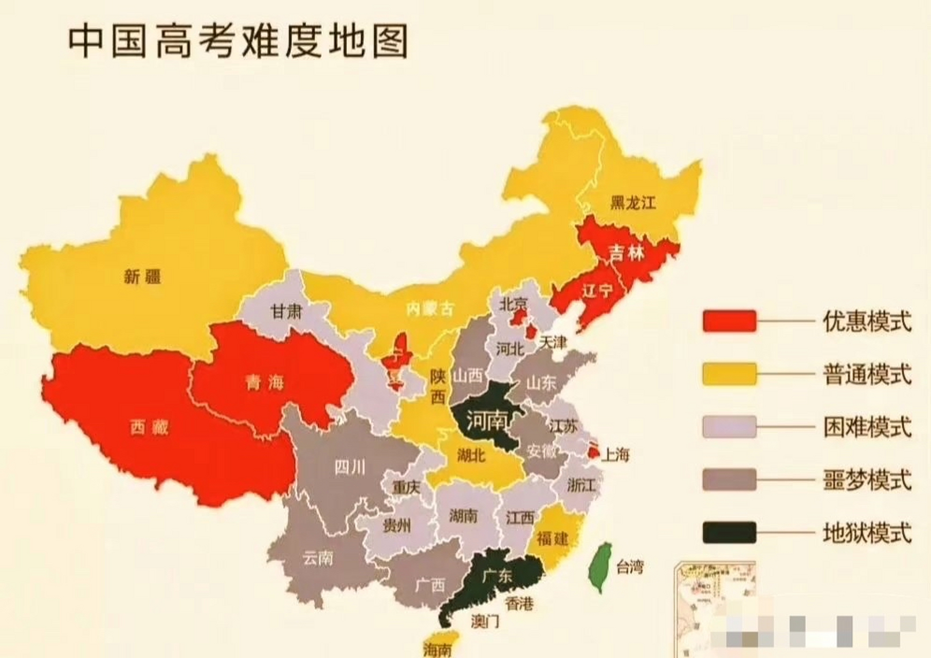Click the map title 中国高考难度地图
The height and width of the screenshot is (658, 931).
[238, 41]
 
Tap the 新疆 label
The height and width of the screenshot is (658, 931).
[142, 277]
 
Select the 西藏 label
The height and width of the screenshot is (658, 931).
[149, 427]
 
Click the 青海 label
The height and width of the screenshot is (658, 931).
[265, 382]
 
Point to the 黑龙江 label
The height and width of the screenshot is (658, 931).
[633, 203]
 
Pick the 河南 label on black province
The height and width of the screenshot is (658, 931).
[486, 421]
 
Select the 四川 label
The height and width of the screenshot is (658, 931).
[350, 467]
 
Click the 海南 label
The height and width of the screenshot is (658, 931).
[437, 649]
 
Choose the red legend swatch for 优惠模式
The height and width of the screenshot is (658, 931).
[729, 321]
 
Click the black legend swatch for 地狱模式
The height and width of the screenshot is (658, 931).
[729, 533]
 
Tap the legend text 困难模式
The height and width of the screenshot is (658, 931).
[867, 427]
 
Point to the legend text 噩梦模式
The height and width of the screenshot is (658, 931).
[867, 481]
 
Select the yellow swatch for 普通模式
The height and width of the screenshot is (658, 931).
[729, 374]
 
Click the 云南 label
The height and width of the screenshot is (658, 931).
[318, 558]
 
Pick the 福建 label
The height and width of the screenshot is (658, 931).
[552, 538]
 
